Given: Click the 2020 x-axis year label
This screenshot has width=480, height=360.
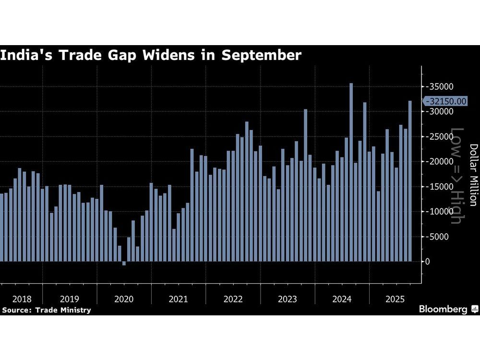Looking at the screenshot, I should pos(124,299).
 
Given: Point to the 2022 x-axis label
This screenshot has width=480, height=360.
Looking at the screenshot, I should pos(233,299).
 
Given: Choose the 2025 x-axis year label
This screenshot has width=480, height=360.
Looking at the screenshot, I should pos(396,299).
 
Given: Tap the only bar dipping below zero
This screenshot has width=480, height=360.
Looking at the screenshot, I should pos(124,264).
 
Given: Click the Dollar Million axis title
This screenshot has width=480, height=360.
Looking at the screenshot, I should pos(473,175).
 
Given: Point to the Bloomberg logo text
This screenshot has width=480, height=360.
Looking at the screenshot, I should pos(444,310).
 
